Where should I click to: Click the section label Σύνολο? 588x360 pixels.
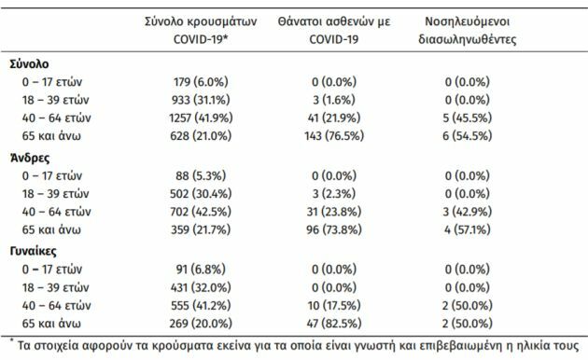[30, 65]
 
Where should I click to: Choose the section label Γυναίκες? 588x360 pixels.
[35, 250]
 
